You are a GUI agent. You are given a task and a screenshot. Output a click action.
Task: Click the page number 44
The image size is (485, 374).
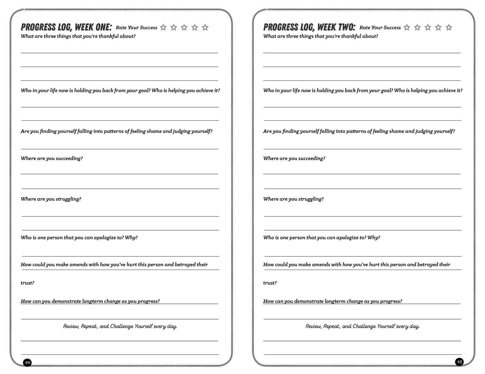click(x=27, y=362)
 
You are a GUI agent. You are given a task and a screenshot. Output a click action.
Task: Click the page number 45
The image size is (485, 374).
click(x=459, y=362)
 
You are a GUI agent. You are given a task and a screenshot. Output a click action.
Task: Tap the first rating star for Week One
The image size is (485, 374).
click(x=163, y=28)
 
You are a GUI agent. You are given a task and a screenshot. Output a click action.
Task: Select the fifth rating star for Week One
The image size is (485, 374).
click(x=205, y=28)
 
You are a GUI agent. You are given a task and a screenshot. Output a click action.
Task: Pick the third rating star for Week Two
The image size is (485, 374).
click(x=428, y=28)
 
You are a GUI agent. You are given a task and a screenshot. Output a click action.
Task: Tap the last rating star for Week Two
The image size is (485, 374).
click(x=449, y=28)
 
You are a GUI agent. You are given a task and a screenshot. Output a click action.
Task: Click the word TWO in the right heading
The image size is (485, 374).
click(x=346, y=27)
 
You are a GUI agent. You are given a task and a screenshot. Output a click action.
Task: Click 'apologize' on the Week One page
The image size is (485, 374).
click(x=105, y=238)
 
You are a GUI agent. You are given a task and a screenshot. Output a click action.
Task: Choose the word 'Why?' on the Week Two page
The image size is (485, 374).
click(x=373, y=238)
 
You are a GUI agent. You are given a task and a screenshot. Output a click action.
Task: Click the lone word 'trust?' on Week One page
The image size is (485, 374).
click(x=27, y=283)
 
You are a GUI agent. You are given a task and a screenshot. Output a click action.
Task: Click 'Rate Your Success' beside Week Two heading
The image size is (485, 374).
click(x=380, y=28)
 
